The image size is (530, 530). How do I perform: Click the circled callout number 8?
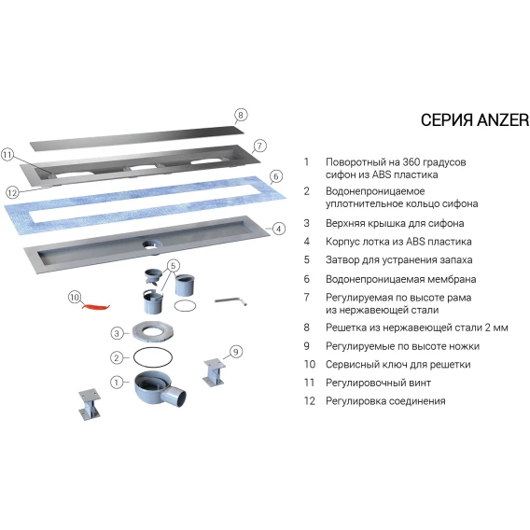[x=241, y=116]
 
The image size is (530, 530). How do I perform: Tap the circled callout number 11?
[x=7, y=155]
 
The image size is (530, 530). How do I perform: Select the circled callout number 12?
[x=12, y=193]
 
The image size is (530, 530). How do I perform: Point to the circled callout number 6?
[x=276, y=176]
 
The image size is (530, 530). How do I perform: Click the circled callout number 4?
[x=278, y=229]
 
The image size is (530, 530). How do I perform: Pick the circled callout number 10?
[x=75, y=298]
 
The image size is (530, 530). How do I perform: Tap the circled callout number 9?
[x=236, y=352]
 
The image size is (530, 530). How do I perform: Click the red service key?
[x=97, y=307]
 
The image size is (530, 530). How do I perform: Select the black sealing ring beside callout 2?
[x=153, y=357]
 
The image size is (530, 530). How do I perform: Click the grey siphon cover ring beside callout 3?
[x=153, y=331]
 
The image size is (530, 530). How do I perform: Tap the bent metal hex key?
[x=231, y=300]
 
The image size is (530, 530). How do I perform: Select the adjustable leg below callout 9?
[x=214, y=373]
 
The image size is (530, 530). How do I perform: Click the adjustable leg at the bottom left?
[x=90, y=404]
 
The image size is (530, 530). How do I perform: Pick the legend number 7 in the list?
[x=307, y=297]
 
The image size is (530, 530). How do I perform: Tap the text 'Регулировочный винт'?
[x=378, y=383]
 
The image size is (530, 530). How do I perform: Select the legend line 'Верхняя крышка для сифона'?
[x=395, y=223]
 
